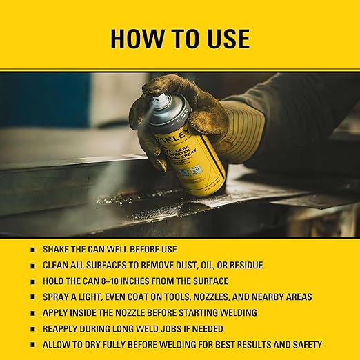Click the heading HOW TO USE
(179, 39)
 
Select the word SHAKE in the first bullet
(57, 249)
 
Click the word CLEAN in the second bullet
(57, 265)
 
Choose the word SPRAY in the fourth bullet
(57, 297)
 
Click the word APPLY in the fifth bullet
(57, 312)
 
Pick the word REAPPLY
(62, 328)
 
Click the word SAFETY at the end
(304, 344)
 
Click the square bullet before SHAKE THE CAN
(33, 250)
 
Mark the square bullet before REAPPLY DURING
(33, 329)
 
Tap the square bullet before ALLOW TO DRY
(33, 345)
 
